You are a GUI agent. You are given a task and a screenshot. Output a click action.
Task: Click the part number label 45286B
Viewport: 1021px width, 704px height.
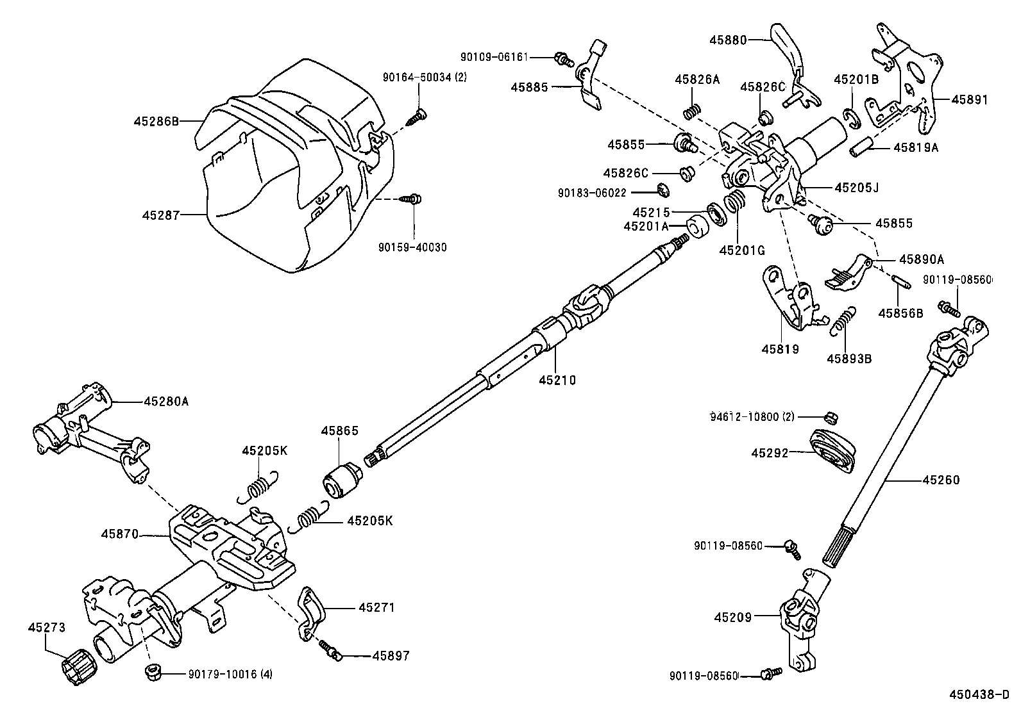point(156,120)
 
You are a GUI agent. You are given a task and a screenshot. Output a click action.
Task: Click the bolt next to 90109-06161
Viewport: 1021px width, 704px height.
point(564,59)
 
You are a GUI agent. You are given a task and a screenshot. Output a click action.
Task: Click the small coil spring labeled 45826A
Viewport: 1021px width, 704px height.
point(691,111)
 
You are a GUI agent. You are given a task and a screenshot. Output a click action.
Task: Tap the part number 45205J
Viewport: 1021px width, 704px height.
point(856,188)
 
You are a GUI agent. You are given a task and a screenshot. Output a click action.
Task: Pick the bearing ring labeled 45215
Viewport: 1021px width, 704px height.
point(713,211)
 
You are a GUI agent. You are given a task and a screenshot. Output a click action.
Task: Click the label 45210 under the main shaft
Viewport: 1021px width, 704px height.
point(557,381)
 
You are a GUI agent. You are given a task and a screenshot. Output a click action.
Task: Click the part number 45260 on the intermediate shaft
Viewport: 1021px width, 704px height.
point(941,480)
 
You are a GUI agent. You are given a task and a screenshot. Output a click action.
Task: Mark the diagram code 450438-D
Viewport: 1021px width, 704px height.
point(979,694)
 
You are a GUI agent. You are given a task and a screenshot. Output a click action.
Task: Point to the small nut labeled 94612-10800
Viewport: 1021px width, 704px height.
point(828,417)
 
